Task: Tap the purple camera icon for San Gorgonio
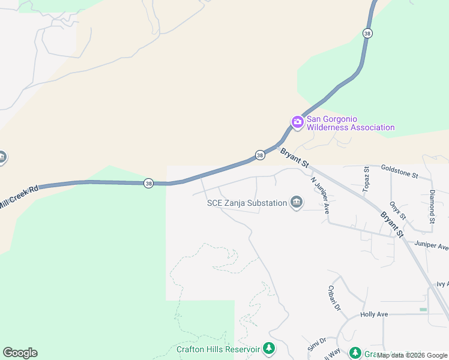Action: click(x=297, y=122)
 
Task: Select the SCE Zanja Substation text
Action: click(x=247, y=203)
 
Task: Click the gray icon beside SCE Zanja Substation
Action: click(x=296, y=203)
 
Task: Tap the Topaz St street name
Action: click(x=366, y=177)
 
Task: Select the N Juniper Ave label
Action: click(x=320, y=195)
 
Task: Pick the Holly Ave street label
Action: click(x=374, y=314)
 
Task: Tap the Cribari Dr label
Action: click(x=334, y=296)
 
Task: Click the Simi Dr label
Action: click(x=318, y=344)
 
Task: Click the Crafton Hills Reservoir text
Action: click(x=218, y=349)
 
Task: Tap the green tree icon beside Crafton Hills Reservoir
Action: click(x=269, y=348)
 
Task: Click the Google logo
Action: click(x=20, y=353)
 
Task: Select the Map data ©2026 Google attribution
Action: click(x=412, y=356)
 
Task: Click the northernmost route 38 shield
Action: click(x=367, y=34)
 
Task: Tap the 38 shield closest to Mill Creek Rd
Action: click(x=148, y=183)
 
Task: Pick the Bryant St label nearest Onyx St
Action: click(x=391, y=223)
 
